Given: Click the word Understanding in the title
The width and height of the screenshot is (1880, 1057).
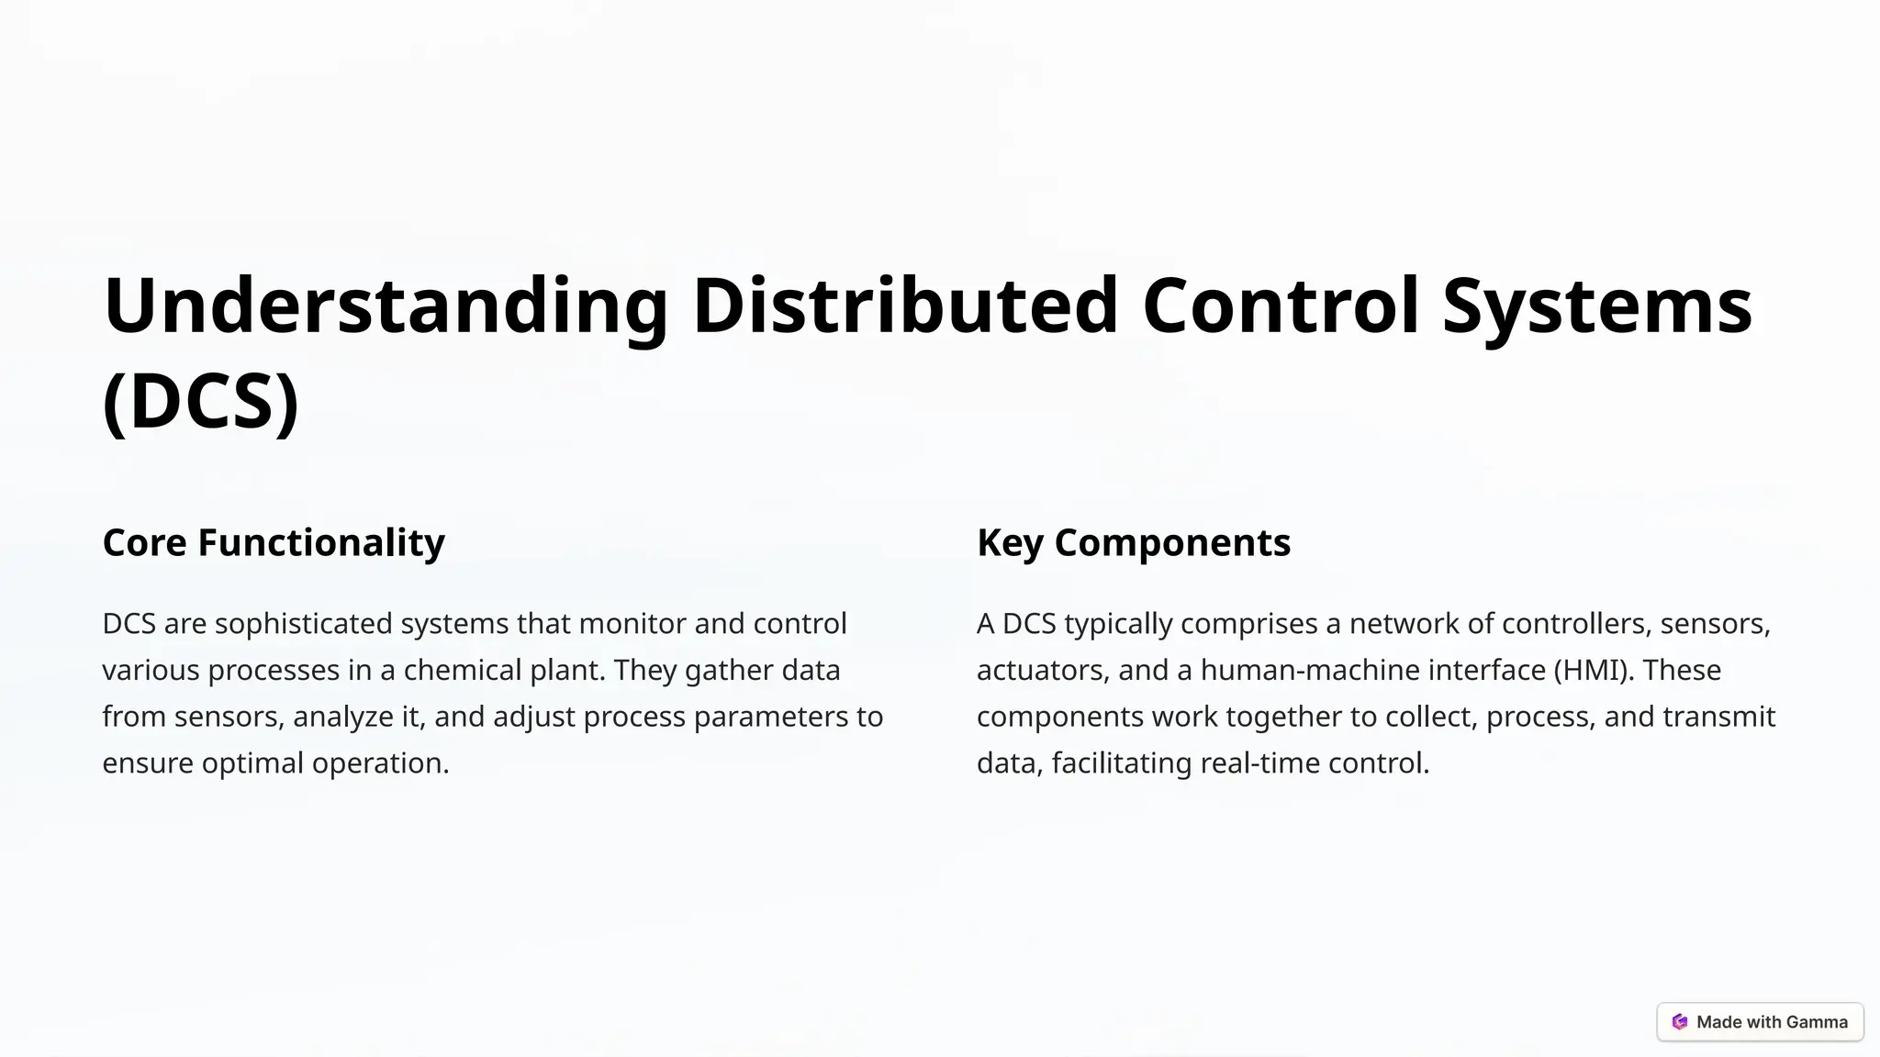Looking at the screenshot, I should click(386, 306).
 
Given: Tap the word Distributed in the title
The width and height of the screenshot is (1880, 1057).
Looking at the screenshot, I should click(905, 306).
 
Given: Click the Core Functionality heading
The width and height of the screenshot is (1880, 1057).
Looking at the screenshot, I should click(274, 542).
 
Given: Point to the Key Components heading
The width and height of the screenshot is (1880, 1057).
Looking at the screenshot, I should click(1134, 542).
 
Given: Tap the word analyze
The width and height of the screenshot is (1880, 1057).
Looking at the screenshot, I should click(343, 717).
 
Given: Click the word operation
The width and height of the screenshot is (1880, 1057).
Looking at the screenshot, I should click(380, 763).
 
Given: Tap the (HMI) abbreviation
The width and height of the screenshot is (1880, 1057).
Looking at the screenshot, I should click(1594, 671).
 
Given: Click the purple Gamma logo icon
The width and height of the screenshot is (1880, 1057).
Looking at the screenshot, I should click(1679, 1022).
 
